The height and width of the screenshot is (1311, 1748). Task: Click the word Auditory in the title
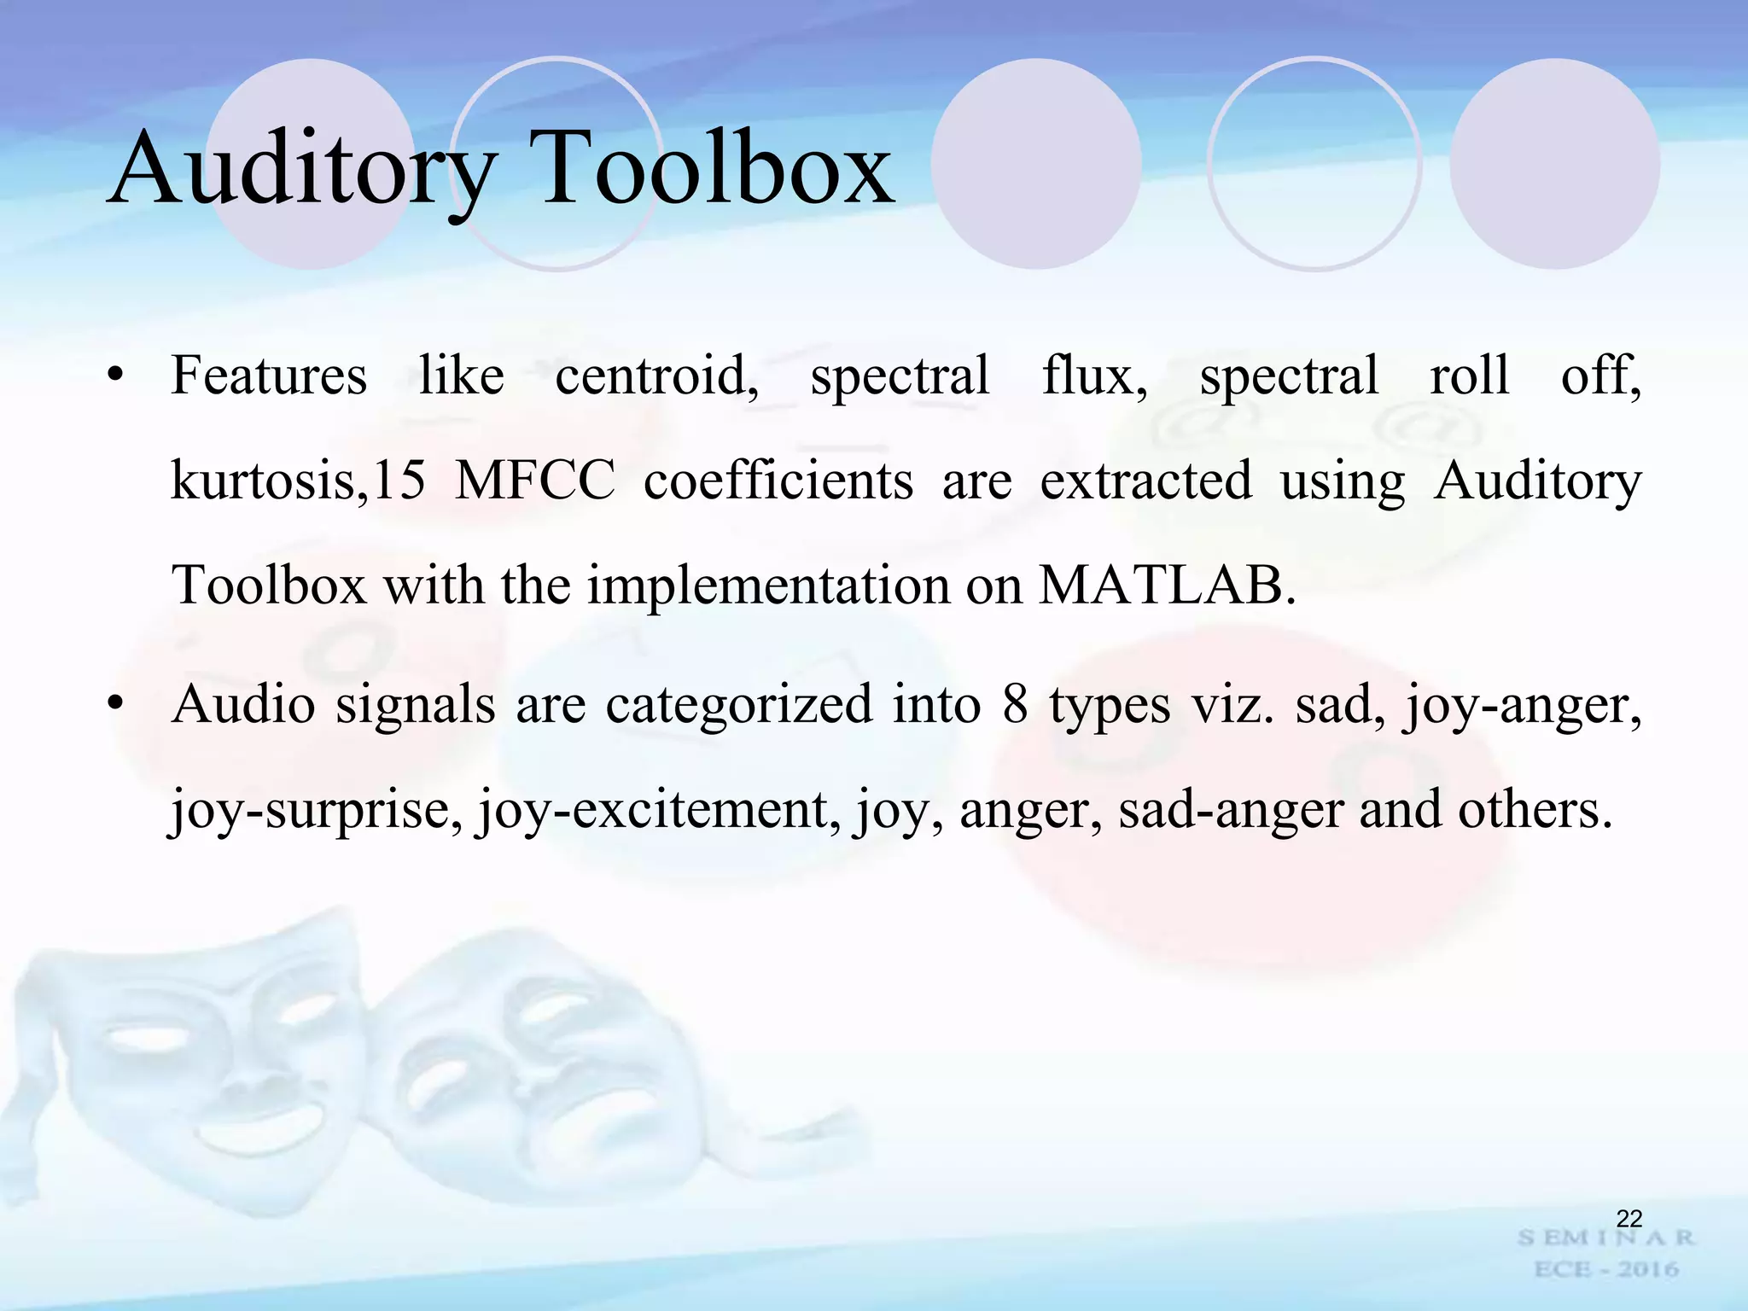302,171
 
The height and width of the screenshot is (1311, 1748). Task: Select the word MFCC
535,481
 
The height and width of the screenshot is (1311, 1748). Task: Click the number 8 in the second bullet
1015,705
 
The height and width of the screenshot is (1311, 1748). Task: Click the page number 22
1629,1218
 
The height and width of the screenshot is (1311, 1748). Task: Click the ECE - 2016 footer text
1606,1270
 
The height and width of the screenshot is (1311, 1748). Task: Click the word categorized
739,705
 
